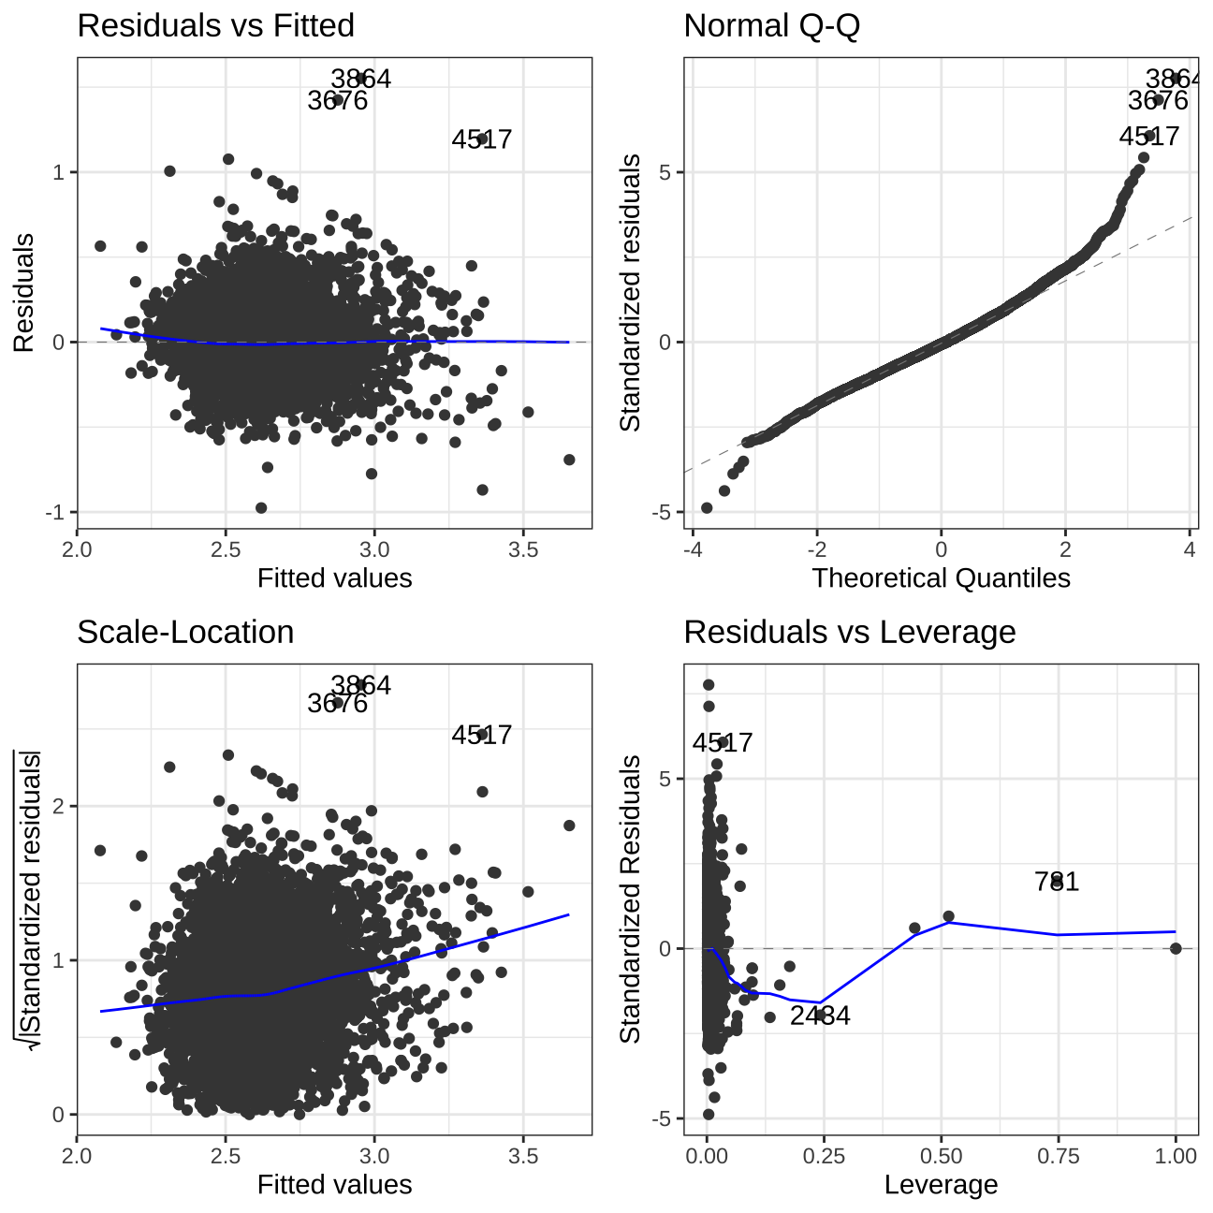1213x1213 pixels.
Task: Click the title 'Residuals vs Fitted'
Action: pyautogui.click(x=215, y=26)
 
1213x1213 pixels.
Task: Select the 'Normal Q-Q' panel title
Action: pyautogui.click(x=771, y=26)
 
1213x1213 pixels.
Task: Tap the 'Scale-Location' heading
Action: pyautogui.click(x=185, y=633)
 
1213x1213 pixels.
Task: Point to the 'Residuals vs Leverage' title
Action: pyautogui.click(x=849, y=633)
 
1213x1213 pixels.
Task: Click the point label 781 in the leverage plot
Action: pyautogui.click(x=1057, y=882)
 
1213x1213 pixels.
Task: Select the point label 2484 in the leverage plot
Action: pyautogui.click(x=820, y=1016)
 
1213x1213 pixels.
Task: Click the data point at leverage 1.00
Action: pyautogui.click(x=1176, y=948)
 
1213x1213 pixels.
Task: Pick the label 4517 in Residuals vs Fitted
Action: pyautogui.click(x=481, y=139)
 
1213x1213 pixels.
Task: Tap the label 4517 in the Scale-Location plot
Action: pyautogui.click(x=481, y=735)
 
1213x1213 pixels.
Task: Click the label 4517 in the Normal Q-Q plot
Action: pyautogui.click(x=1149, y=137)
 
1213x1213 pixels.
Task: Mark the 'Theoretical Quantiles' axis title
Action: pyautogui.click(x=941, y=577)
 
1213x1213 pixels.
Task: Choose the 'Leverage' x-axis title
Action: pyautogui.click(x=941, y=1184)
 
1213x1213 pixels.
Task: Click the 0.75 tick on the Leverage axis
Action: pyautogui.click(x=1058, y=1156)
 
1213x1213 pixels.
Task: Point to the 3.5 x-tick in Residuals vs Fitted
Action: pyautogui.click(x=523, y=549)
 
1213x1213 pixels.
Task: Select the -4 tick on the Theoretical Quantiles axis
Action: pyautogui.click(x=693, y=549)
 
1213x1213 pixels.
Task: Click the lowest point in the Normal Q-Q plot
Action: pyautogui.click(x=707, y=507)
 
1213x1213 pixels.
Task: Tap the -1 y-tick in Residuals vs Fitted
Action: pyautogui.click(x=58, y=513)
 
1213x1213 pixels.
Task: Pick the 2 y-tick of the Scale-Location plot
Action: pyautogui.click(x=58, y=806)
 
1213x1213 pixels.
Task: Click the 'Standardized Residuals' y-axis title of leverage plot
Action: pyautogui.click(x=631, y=899)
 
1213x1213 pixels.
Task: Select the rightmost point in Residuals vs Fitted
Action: pyautogui.click(x=569, y=460)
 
